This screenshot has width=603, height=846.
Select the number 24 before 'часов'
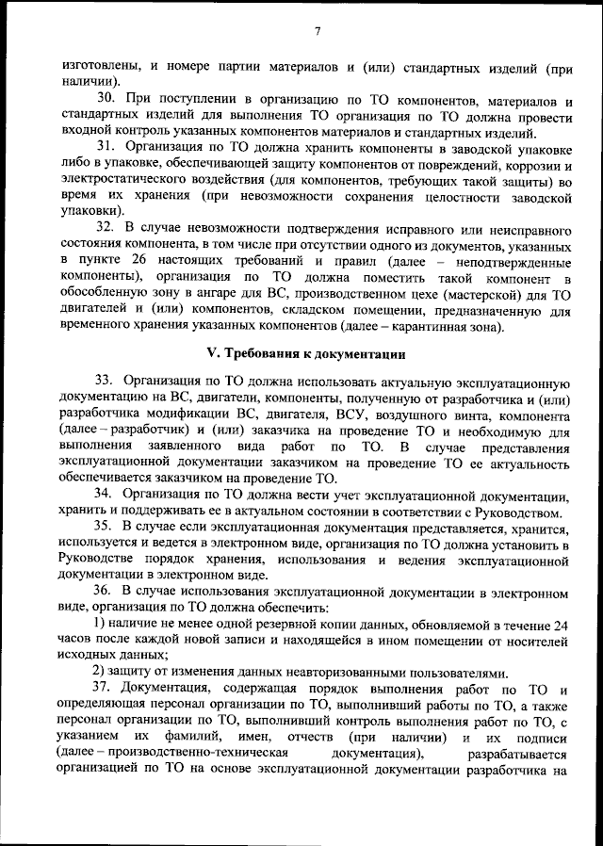(562, 626)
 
